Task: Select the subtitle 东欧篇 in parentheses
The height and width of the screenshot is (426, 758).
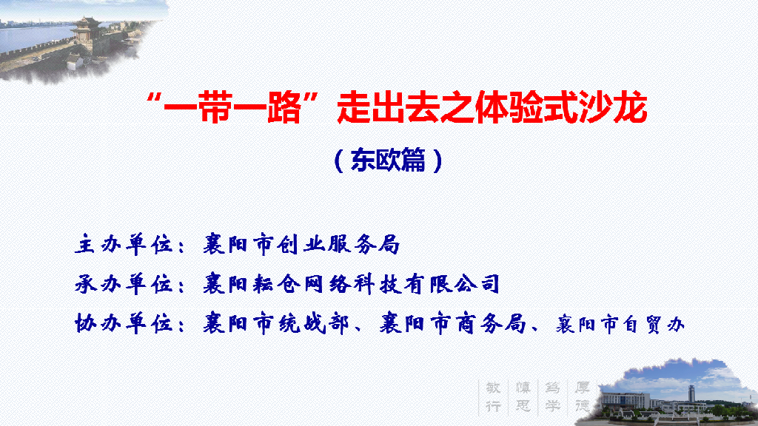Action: coord(388,160)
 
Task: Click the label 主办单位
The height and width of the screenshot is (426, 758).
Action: coord(124,244)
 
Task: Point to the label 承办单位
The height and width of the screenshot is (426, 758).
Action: coord(124,284)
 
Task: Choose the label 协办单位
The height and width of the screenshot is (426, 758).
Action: coord(124,323)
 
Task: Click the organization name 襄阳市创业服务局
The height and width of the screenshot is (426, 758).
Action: coord(302,244)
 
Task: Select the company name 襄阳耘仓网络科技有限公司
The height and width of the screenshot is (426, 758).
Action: coord(351,283)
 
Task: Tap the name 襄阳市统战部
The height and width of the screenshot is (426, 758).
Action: coord(276,323)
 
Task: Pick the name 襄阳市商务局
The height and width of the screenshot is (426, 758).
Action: coord(452,323)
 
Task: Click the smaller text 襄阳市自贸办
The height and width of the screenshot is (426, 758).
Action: coord(620,325)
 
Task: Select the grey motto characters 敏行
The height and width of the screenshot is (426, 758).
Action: coord(493,397)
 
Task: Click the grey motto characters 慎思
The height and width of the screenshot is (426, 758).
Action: coord(523,397)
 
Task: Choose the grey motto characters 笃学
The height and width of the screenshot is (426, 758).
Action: coord(552,397)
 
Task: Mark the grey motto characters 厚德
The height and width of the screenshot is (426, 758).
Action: coord(582,397)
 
